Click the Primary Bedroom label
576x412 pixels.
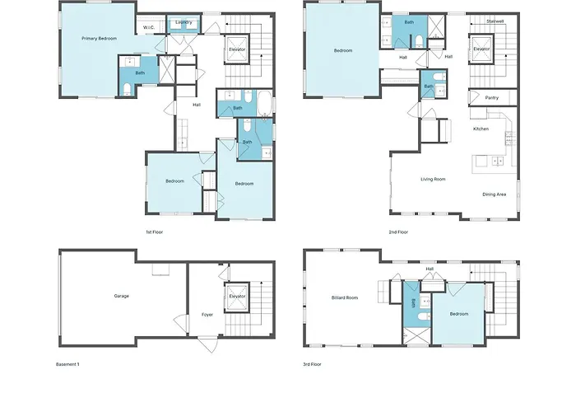100,39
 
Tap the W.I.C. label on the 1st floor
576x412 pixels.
148,27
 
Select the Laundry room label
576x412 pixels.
183,22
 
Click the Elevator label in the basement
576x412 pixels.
237,297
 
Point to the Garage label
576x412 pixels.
122,296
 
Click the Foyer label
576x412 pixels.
207,315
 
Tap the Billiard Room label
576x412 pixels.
345,298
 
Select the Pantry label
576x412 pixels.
492,98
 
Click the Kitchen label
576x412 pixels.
481,129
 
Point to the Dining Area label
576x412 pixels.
494,194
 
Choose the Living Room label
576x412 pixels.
433,180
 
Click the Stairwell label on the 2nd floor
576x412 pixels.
495,21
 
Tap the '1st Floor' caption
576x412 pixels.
155,232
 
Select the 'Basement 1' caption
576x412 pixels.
67,364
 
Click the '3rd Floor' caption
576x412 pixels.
312,364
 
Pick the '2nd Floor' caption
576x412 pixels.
398,232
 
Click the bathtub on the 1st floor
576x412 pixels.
264,104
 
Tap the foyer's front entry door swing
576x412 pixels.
208,344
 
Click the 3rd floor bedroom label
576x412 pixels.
459,314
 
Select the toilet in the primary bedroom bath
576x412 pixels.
127,89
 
